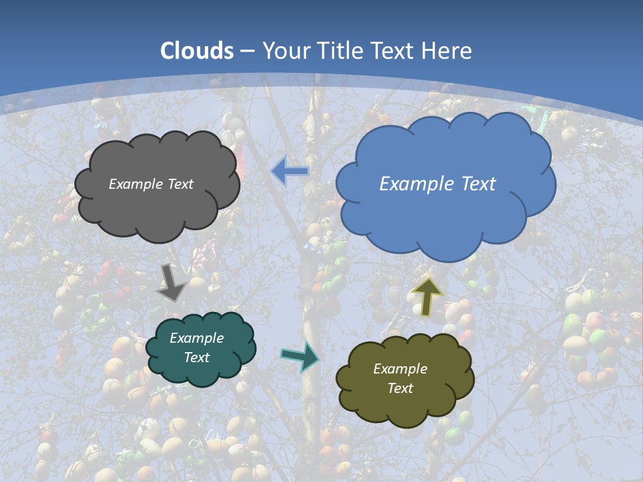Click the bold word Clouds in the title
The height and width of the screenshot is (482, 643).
[x=197, y=51]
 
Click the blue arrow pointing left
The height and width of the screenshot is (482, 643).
[x=289, y=172]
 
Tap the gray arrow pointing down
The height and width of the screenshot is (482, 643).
[x=172, y=283]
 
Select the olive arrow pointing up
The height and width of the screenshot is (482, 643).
[x=427, y=296]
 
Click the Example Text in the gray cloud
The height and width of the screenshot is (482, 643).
[x=151, y=184]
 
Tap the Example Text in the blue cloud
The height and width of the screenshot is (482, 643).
[x=437, y=184]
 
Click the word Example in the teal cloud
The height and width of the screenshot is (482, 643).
[x=196, y=338]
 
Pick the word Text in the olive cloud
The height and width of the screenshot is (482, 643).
[x=400, y=388]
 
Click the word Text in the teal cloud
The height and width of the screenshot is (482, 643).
[x=196, y=357]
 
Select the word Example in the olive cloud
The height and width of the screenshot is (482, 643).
[x=400, y=369]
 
